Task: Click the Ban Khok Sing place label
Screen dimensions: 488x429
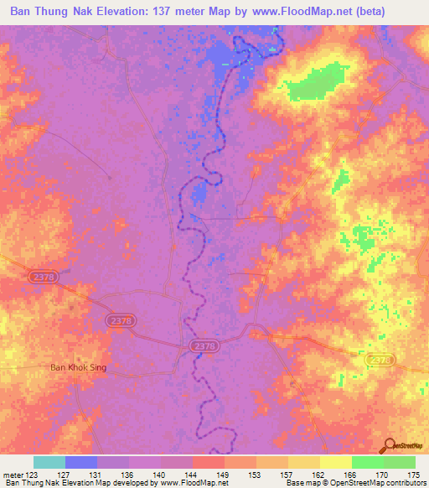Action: coord(79,367)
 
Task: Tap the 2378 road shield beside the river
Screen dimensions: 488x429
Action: coord(203,345)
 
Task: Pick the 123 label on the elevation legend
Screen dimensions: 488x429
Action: coord(33,474)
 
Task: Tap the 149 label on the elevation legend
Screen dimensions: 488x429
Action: coord(225,474)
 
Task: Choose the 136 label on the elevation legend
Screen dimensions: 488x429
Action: coord(129,474)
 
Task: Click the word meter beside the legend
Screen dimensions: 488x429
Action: coord(13,474)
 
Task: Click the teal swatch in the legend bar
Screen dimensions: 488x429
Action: coord(49,462)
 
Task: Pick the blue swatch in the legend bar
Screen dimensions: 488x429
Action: coord(81,462)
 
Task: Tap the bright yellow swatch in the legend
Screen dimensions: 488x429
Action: coord(335,462)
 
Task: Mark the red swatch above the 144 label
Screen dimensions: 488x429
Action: coord(208,462)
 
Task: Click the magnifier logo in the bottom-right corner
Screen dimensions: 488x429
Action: coord(387,446)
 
